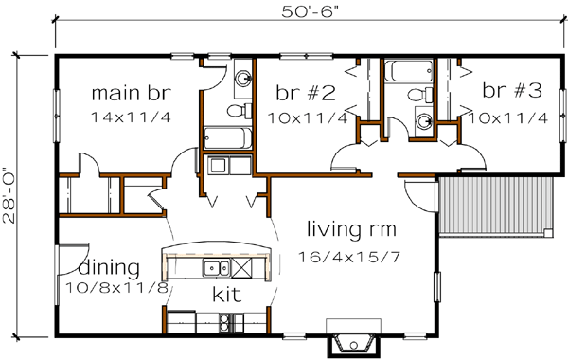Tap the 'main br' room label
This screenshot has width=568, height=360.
pyautogui.click(x=128, y=93)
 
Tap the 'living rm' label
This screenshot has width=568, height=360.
pyautogui.click(x=350, y=228)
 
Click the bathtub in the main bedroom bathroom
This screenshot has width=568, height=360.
pyautogui.click(x=225, y=138)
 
